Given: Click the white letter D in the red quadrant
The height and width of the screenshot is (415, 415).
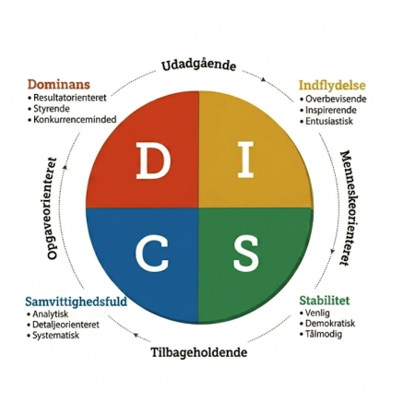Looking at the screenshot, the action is [x=153, y=160].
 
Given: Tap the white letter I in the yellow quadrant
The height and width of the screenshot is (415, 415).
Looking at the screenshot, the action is [x=246, y=160].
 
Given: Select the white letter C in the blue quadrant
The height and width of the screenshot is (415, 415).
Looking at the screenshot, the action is [x=151, y=254].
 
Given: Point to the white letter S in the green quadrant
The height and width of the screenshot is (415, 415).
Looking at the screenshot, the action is [x=245, y=254].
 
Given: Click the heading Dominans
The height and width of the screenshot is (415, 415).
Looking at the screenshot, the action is [x=59, y=84].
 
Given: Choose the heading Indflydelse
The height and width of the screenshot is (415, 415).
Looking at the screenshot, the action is [x=332, y=85].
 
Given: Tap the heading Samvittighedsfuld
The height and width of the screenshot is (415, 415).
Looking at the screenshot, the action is [x=76, y=302].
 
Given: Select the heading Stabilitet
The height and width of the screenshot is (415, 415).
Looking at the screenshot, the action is [x=325, y=301].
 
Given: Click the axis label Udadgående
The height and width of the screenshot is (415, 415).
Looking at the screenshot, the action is [x=199, y=65].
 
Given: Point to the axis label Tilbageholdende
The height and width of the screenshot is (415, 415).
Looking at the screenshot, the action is [x=199, y=352].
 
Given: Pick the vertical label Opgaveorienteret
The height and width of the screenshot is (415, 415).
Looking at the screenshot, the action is [x=53, y=208].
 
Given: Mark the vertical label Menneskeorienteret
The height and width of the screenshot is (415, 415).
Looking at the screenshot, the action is [x=346, y=208].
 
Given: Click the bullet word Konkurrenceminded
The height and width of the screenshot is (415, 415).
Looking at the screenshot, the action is [x=75, y=119].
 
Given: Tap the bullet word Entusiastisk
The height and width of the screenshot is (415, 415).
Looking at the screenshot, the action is [x=329, y=121].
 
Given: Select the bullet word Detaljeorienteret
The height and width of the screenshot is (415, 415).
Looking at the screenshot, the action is [x=65, y=325].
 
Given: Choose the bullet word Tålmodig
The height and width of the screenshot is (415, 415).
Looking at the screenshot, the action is [x=324, y=334].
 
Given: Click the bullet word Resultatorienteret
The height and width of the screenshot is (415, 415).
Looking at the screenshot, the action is [x=70, y=98].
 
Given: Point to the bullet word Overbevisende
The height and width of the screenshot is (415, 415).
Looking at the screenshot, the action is [x=336, y=99].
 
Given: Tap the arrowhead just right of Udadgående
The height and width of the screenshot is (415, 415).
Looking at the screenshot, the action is [x=264, y=79].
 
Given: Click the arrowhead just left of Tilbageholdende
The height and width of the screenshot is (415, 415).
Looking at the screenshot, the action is [x=136, y=335].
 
